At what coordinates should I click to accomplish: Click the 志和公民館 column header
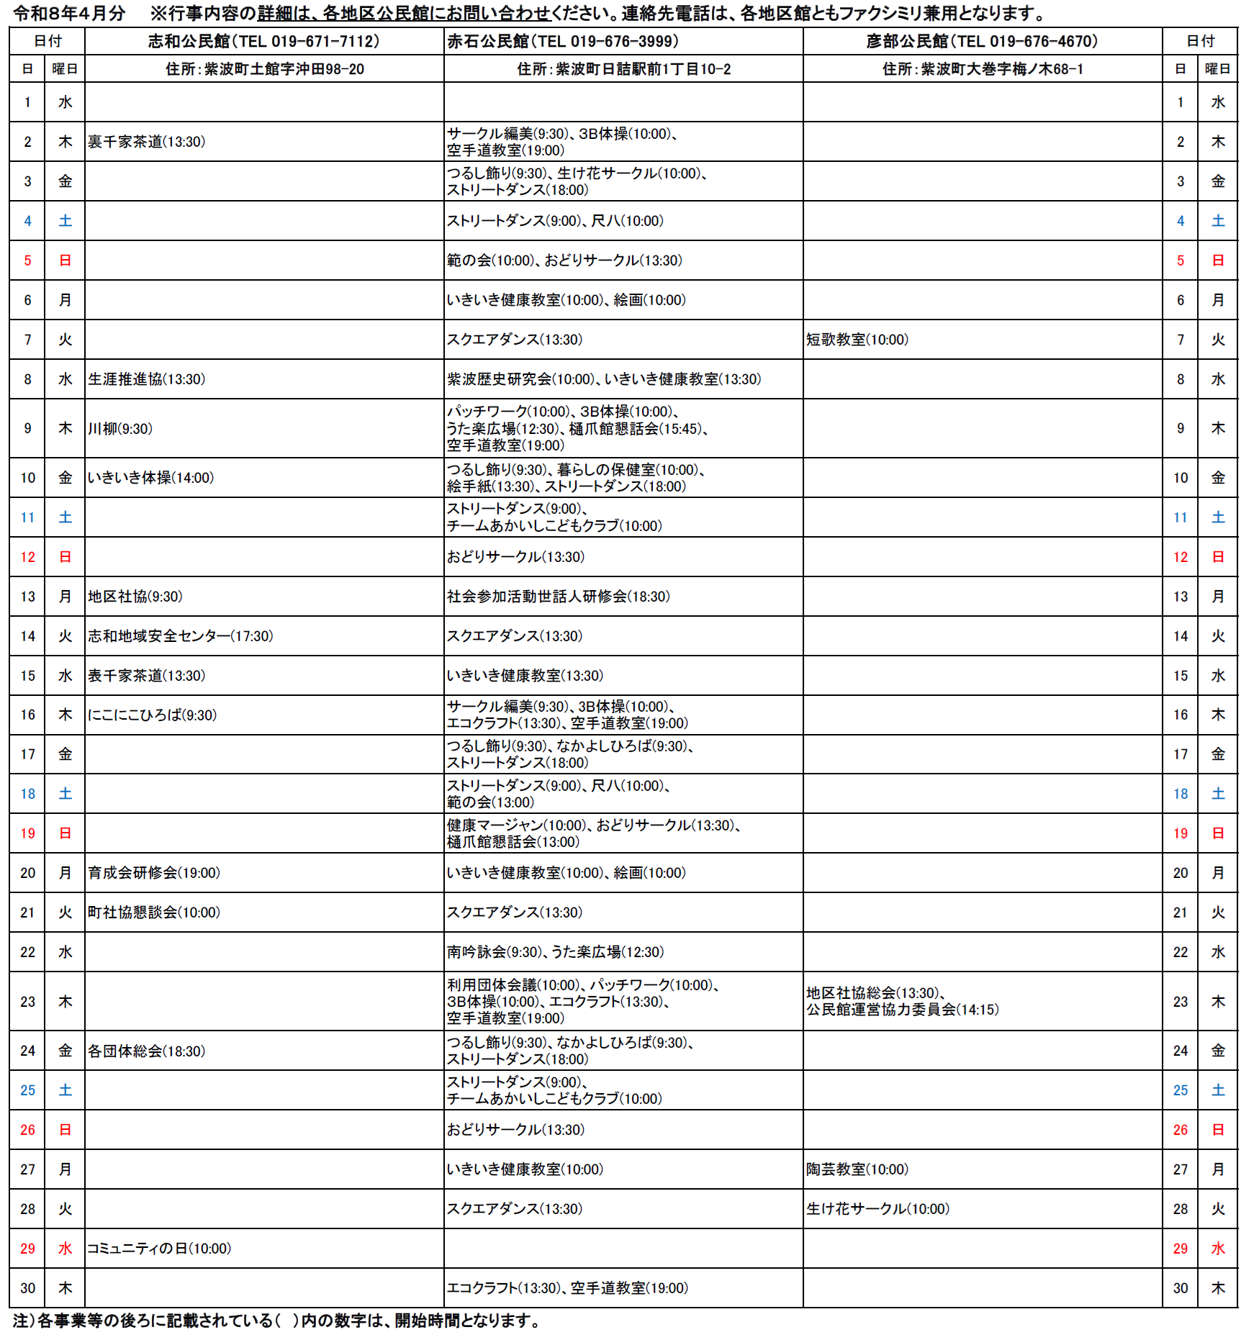click(263, 41)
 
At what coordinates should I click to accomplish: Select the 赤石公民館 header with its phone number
click(563, 41)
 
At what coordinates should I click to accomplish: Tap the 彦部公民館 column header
click(982, 41)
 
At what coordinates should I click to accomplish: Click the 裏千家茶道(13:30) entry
click(147, 142)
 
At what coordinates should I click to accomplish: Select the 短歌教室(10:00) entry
click(857, 340)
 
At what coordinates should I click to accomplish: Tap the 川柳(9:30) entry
click(120, 429)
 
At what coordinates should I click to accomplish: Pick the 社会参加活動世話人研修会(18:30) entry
click(559, 597)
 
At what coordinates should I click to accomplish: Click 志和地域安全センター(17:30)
click(181, 636)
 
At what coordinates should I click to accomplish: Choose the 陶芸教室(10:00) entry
click(857, 1169)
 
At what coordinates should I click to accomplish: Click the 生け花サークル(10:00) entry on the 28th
click(877, 1209)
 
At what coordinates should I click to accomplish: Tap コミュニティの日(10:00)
click(159, 1249)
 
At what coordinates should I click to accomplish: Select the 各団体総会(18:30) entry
click(147, 1051)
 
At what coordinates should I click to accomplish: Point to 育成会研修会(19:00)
click(154, 873)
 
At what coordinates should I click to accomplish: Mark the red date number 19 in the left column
click(27, 833)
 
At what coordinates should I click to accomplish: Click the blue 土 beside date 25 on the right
click(1218, 1090)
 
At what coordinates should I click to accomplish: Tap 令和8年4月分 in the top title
click(69, 13)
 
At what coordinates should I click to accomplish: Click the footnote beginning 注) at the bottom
click(276, 1321)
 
